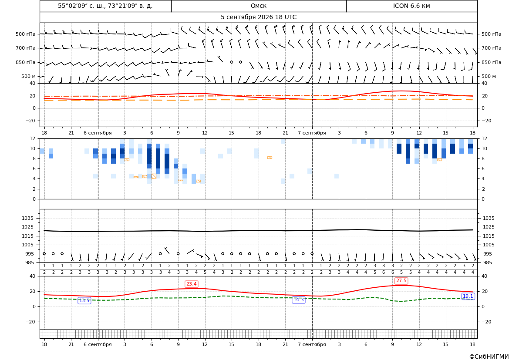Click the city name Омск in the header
point(258,6)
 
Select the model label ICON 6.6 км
point(411,6)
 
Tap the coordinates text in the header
point(105,6)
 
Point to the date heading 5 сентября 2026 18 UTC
point(258,17)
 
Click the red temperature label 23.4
point(191,284)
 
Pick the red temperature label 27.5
point(401,280)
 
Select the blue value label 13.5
point(84,301)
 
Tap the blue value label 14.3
point(298,299)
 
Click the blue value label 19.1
point(468,296)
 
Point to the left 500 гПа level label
point(26,34)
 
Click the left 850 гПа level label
point(26,62)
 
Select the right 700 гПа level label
point(491,48)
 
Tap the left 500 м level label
point(28,76)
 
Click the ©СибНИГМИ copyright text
point(489,357)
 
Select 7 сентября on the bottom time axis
point(312,344)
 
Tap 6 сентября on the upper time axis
point(98,133)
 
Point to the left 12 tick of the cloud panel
point(33,138)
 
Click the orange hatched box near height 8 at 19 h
point(270,158)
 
